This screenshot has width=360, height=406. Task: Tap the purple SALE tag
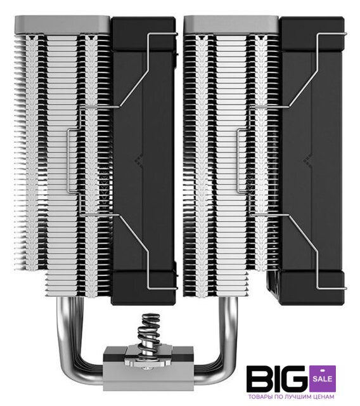point(322,378)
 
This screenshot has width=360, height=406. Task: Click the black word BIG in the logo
point(278,379)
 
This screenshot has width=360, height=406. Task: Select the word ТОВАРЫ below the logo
point(259,396)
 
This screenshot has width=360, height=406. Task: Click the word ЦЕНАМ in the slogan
point(325,396)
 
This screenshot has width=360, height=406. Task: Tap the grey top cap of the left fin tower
point(62,25)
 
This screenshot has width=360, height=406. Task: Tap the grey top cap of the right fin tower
point(231,25)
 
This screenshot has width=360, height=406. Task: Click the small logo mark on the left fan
point(139,161)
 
